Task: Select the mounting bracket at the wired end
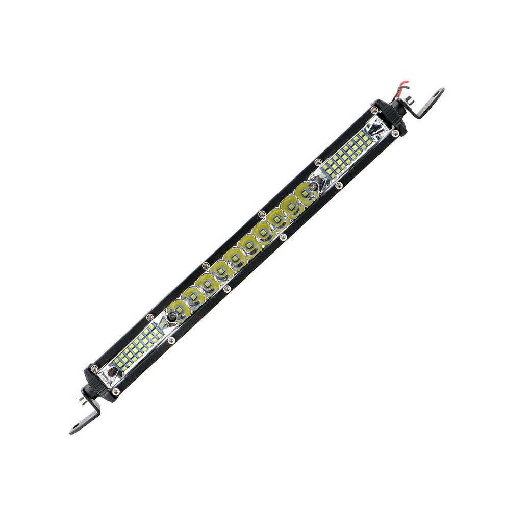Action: [426, 104]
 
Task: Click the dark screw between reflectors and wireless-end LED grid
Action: [172, 317]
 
